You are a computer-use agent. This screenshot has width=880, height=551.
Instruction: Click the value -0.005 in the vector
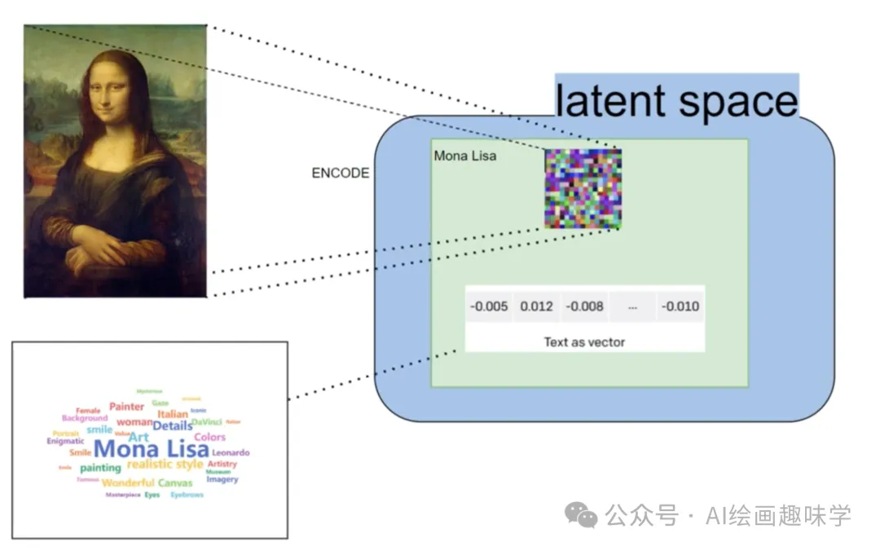click(x=489, y=306)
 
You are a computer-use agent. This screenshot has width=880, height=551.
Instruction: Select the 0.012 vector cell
click(x=537, y=306)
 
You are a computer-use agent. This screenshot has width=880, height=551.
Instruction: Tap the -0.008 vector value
click(x=585, y=306)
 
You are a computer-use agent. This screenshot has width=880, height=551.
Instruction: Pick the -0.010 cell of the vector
click(x=680, y=306)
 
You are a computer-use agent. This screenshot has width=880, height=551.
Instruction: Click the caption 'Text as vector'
click(x=584, y=342)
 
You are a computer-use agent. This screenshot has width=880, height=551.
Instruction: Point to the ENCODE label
click(x=340, y=174)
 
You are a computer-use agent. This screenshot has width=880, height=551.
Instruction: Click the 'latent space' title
click(x=676, y=101)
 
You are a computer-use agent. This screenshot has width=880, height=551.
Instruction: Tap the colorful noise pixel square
click(x=583, y=188)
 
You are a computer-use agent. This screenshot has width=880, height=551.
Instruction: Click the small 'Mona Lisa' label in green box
click(x=465, y=156)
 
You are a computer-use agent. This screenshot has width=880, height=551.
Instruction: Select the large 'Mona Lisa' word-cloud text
click(x=151, y=449)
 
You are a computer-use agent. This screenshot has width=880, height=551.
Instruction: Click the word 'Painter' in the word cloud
click(x=126, y=407)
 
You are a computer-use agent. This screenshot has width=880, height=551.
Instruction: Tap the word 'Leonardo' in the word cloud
click(x=231, y=452)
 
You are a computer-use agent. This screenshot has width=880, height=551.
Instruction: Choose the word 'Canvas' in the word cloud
click(x=175, y=483)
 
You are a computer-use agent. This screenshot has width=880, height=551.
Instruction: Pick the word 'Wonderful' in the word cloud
click(x=128, y=483)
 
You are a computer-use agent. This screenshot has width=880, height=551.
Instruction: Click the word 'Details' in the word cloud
click(x=173, y=425)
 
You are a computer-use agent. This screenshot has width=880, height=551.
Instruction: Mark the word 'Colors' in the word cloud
click(x=209, y=438)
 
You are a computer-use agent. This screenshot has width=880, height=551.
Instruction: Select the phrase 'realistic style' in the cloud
click(x=165, y=465)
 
